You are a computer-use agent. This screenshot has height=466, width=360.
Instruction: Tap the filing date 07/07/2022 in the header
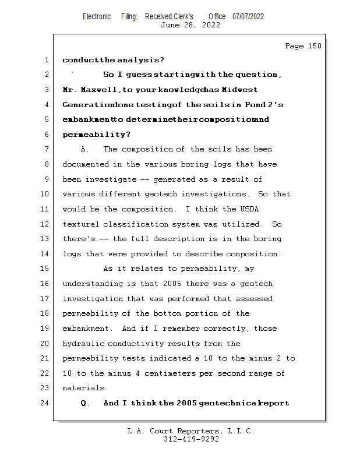[248, 16]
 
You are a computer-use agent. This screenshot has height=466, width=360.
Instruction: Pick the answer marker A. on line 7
[84, 150]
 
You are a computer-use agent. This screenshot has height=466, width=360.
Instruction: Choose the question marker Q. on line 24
[85, 403]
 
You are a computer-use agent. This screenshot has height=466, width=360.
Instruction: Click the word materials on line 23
[85, 389]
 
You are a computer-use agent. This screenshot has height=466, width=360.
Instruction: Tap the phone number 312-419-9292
[191, 440]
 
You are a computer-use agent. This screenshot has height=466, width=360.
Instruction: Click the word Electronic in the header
[97, 16]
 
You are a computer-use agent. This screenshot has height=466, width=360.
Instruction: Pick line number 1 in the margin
[46, 60]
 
